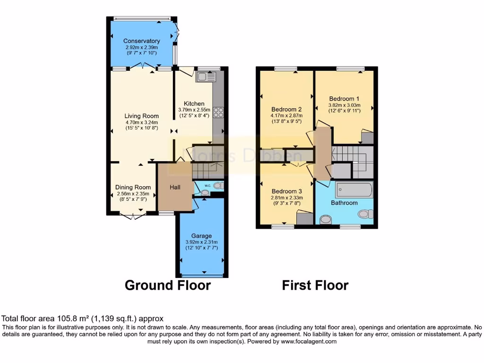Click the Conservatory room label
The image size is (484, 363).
click(142, 41)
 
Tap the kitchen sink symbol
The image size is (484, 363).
click(206, 77)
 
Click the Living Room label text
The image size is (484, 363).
click(142, 116)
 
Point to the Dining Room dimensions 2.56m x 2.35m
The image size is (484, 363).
click(133, 193)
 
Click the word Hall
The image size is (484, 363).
click(175, 188)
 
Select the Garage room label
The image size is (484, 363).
click(201, 235)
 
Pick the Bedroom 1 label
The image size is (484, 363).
click(345, 99)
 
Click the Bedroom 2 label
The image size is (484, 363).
click(286, 108)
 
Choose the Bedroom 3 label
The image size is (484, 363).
click(286, 191)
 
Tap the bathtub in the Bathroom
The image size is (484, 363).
click(354, 190)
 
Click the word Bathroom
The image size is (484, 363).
click(345, 203)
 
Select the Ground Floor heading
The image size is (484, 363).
click(167, 285)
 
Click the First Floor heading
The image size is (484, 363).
click(315, 285)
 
